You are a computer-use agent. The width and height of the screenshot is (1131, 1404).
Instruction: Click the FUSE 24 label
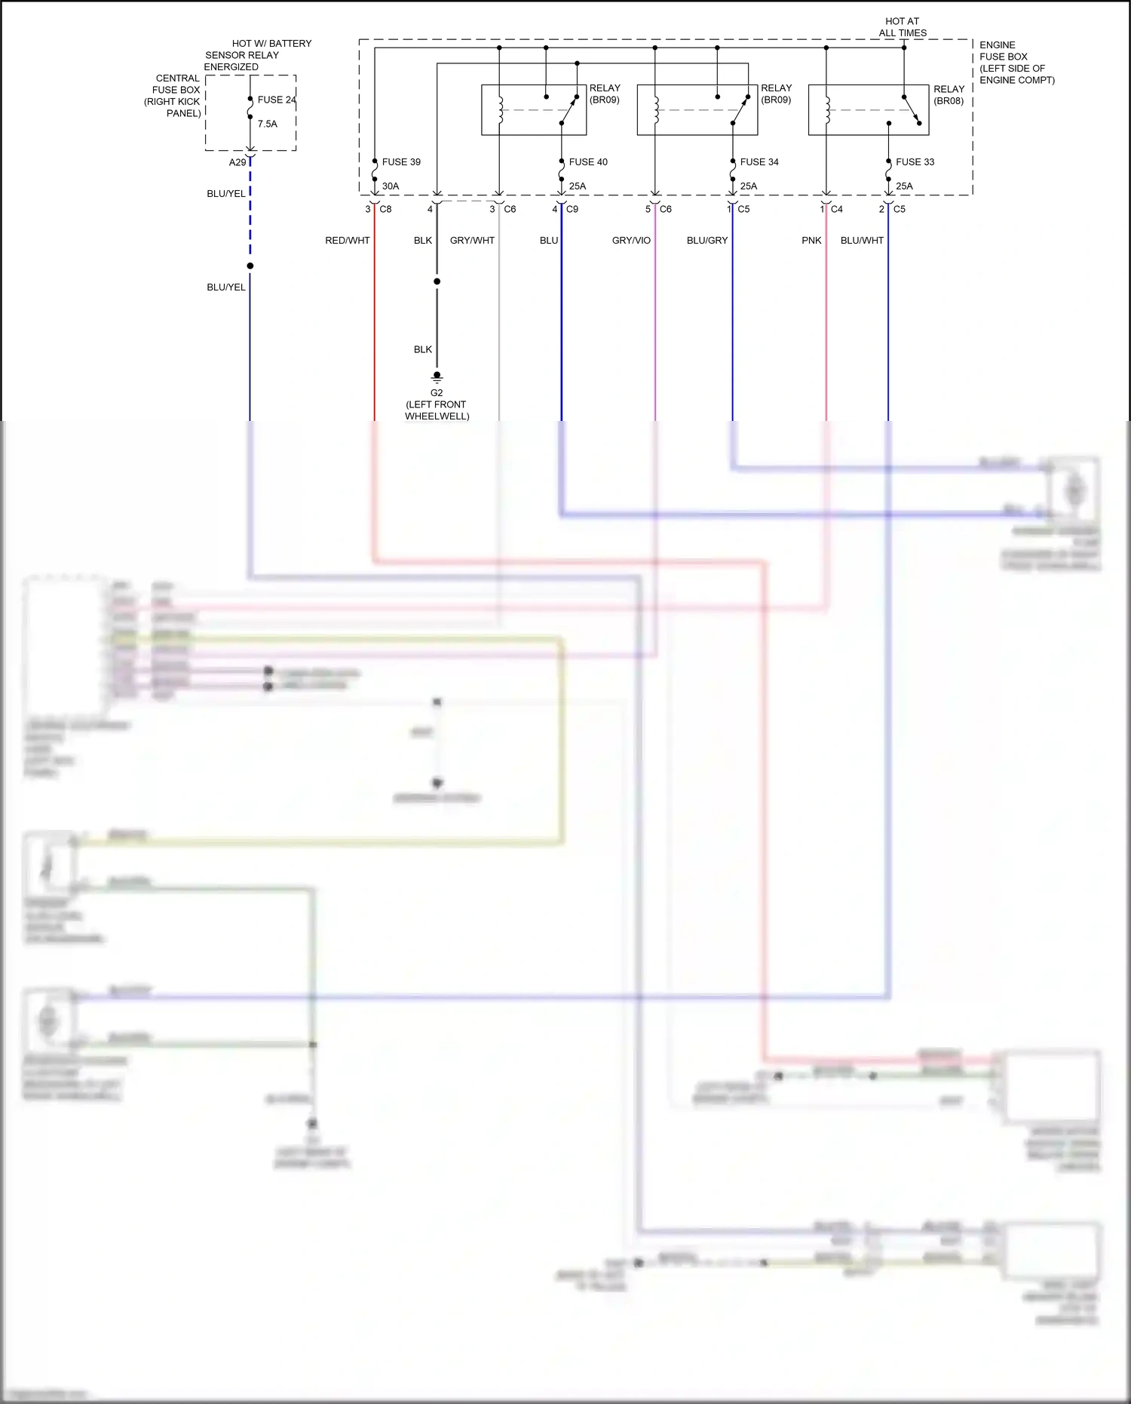277,100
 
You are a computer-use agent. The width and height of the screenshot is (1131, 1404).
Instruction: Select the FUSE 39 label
401,162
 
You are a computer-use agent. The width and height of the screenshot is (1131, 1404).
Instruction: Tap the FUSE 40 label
588,162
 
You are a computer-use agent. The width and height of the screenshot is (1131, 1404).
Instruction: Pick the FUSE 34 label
759,162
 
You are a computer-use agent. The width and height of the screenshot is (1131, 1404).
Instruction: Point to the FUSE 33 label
915,162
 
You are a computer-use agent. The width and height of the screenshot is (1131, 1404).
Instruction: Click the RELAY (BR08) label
949,95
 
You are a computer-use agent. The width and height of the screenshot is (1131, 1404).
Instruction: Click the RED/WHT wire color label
348,241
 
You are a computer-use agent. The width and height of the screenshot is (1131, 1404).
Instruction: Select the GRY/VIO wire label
631,241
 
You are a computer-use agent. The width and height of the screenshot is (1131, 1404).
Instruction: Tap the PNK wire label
811,241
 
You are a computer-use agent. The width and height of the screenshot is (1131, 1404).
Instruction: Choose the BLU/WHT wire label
862,241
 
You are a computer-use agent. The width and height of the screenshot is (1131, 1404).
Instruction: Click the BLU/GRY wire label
707,241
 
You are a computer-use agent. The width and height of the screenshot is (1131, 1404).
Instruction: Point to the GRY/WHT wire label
472,241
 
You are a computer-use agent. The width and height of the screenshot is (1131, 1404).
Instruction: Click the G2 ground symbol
437,377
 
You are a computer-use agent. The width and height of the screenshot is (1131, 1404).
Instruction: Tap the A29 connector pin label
238,163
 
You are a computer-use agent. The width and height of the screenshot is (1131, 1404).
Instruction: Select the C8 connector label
385,210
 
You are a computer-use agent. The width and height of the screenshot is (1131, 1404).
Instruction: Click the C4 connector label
837,210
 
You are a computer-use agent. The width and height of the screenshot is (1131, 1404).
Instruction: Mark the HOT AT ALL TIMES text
903,27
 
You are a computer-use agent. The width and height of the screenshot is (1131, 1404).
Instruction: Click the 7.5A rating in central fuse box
268,124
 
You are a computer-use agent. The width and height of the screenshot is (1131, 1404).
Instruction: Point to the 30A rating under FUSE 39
391,186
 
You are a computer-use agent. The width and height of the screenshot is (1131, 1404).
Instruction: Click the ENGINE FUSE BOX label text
1016,63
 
